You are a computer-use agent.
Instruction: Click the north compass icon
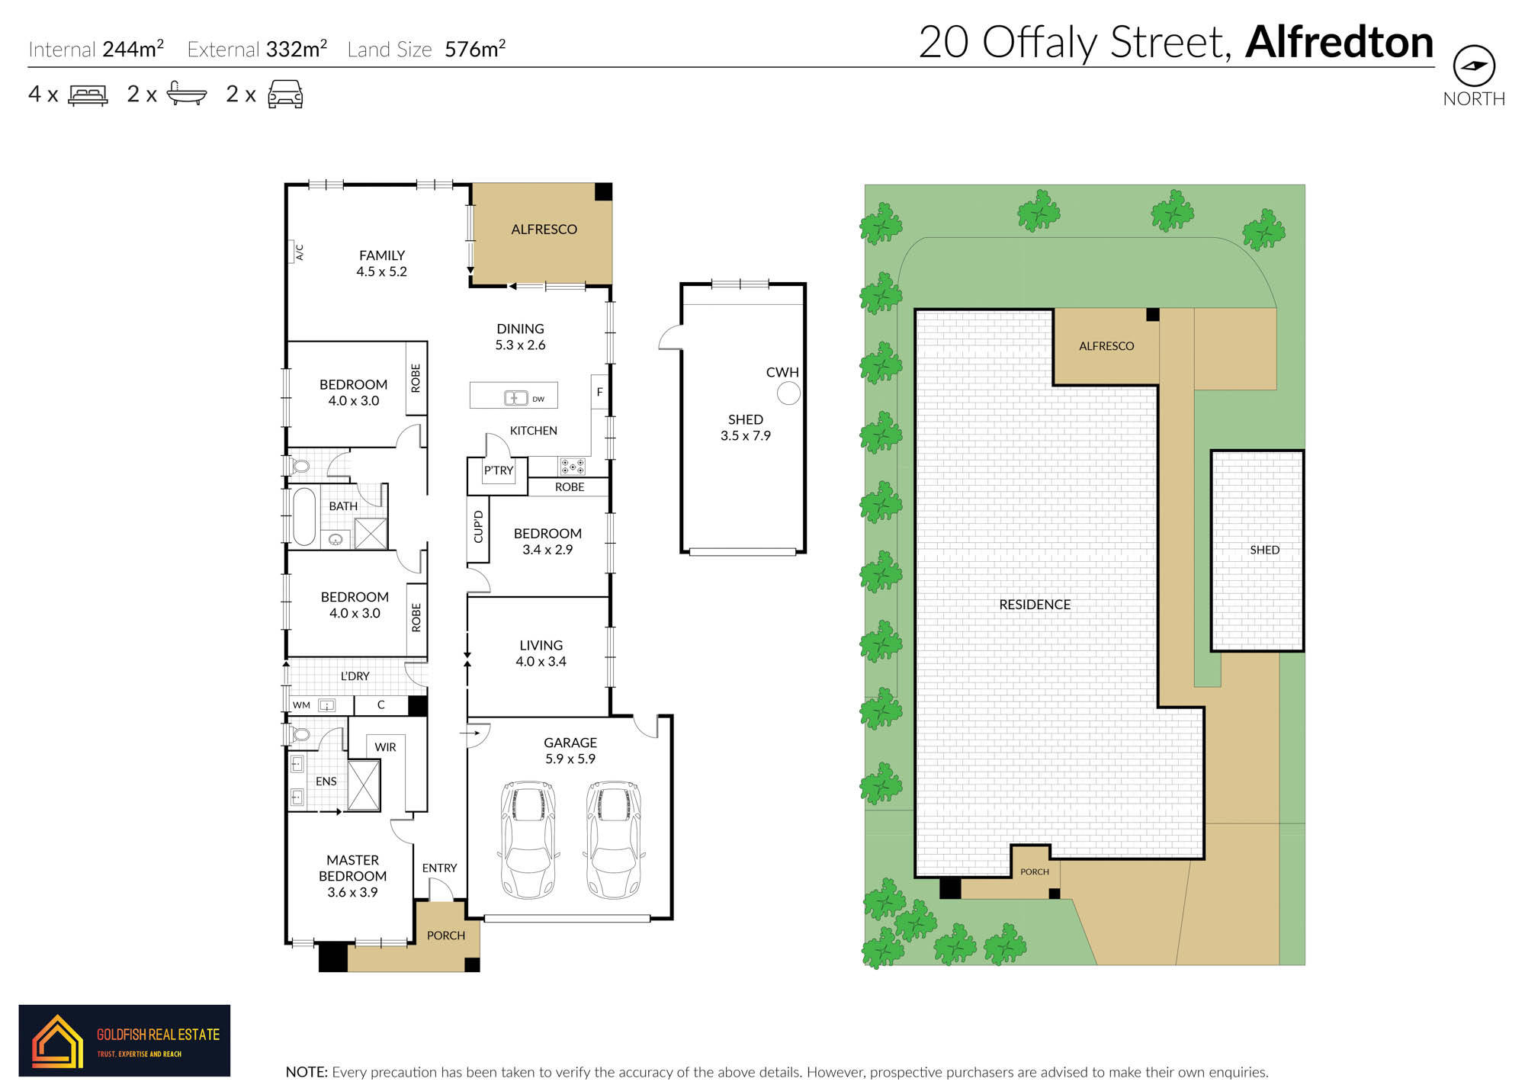1474,66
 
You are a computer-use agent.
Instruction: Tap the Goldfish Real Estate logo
124,1040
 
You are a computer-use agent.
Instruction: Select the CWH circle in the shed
788,393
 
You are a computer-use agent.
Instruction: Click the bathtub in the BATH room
304,516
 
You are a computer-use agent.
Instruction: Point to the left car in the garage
528,839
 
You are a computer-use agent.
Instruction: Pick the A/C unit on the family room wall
294,252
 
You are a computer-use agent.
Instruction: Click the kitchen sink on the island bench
516,397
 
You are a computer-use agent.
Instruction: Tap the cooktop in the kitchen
573,467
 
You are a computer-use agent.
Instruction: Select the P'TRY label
499,470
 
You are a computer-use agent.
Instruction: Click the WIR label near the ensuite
385,747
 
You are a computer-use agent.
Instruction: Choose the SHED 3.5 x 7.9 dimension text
746,436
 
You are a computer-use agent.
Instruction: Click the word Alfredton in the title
1339,42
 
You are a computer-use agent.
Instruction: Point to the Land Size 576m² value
475,50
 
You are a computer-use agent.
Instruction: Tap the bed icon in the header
88,95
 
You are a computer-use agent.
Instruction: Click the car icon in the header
285,95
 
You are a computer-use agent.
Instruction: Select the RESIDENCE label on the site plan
1035,605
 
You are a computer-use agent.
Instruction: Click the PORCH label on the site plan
1035,871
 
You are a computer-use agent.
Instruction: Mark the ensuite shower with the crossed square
364,785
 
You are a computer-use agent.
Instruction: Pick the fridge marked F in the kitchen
600,392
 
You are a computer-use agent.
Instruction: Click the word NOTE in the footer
307,1072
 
